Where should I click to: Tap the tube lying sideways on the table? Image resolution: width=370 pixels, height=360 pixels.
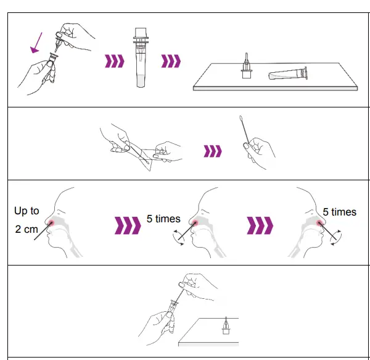288,74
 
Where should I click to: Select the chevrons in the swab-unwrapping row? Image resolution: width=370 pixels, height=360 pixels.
213,150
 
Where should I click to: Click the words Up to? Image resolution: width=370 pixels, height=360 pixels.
27,211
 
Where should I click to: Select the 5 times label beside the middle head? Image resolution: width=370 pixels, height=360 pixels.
163,219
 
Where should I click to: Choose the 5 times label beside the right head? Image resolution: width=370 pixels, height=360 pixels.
339,212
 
